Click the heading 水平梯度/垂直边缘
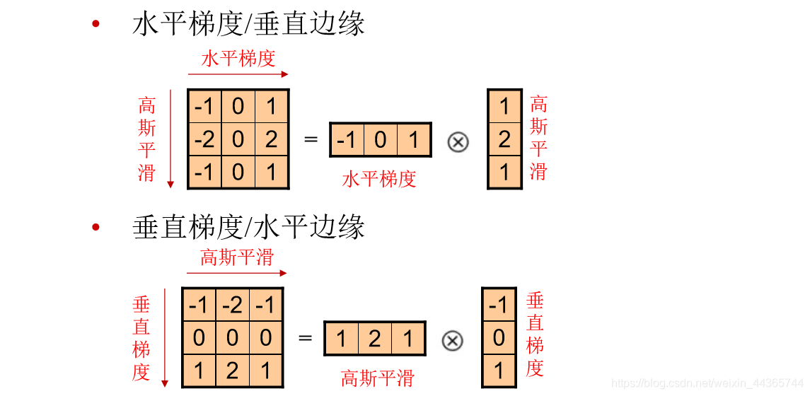248,25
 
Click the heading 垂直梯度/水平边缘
248,228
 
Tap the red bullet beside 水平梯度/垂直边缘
96,25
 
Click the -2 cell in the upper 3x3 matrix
204,139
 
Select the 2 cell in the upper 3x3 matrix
271,139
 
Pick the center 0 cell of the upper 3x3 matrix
238,139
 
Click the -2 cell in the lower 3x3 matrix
232,305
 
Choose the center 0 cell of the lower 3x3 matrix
232,338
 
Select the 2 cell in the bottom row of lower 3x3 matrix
232,371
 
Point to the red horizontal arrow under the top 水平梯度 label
238,74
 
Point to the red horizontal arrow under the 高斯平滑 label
236,273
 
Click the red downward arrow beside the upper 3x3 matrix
170,139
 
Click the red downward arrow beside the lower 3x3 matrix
165,337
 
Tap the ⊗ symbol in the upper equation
458,142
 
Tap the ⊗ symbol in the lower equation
453,341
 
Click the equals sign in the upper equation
311,139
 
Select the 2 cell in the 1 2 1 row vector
374,339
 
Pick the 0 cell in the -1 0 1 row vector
380,140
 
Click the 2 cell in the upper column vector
504,139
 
